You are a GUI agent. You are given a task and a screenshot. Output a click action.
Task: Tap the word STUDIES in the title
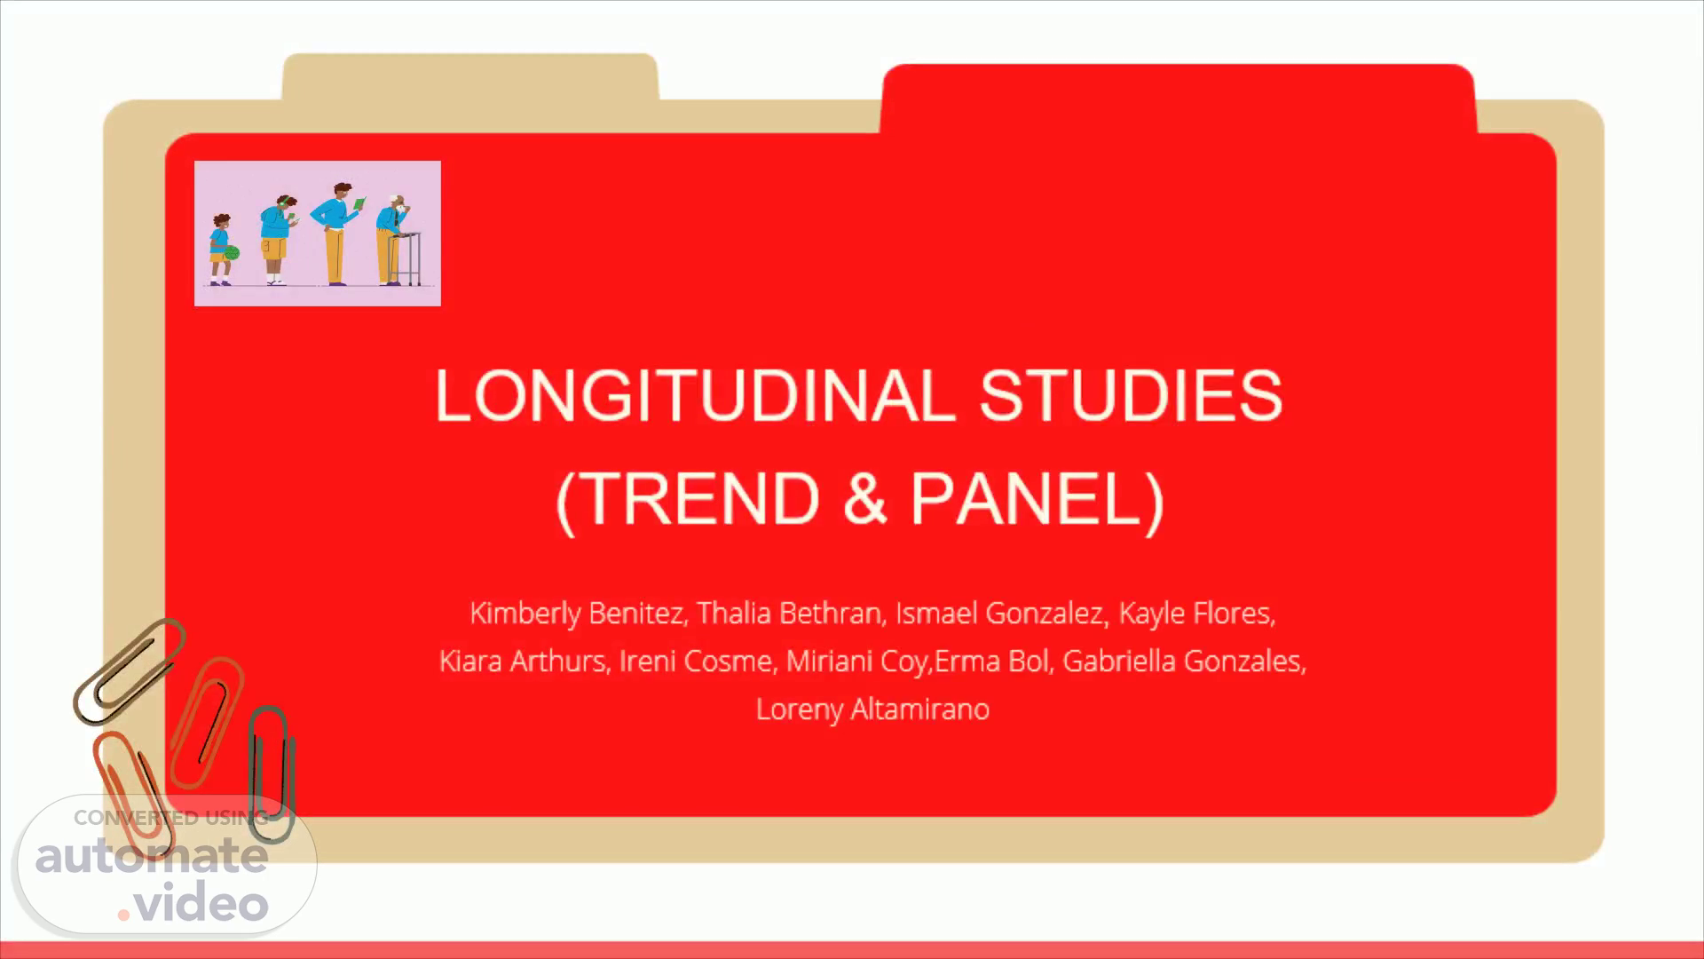coord(1131,395)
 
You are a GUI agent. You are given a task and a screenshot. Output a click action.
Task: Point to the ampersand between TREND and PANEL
coord(865,498)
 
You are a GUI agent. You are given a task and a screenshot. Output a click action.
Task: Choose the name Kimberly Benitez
coord(577,613)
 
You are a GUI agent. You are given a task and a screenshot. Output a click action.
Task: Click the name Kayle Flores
coord(1196,613)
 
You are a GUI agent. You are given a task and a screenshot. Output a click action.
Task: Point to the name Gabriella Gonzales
coord(1184,661)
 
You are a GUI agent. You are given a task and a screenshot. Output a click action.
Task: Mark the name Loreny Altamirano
coord(872,709)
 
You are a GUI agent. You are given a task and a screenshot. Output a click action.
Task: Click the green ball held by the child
coord(233,253)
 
